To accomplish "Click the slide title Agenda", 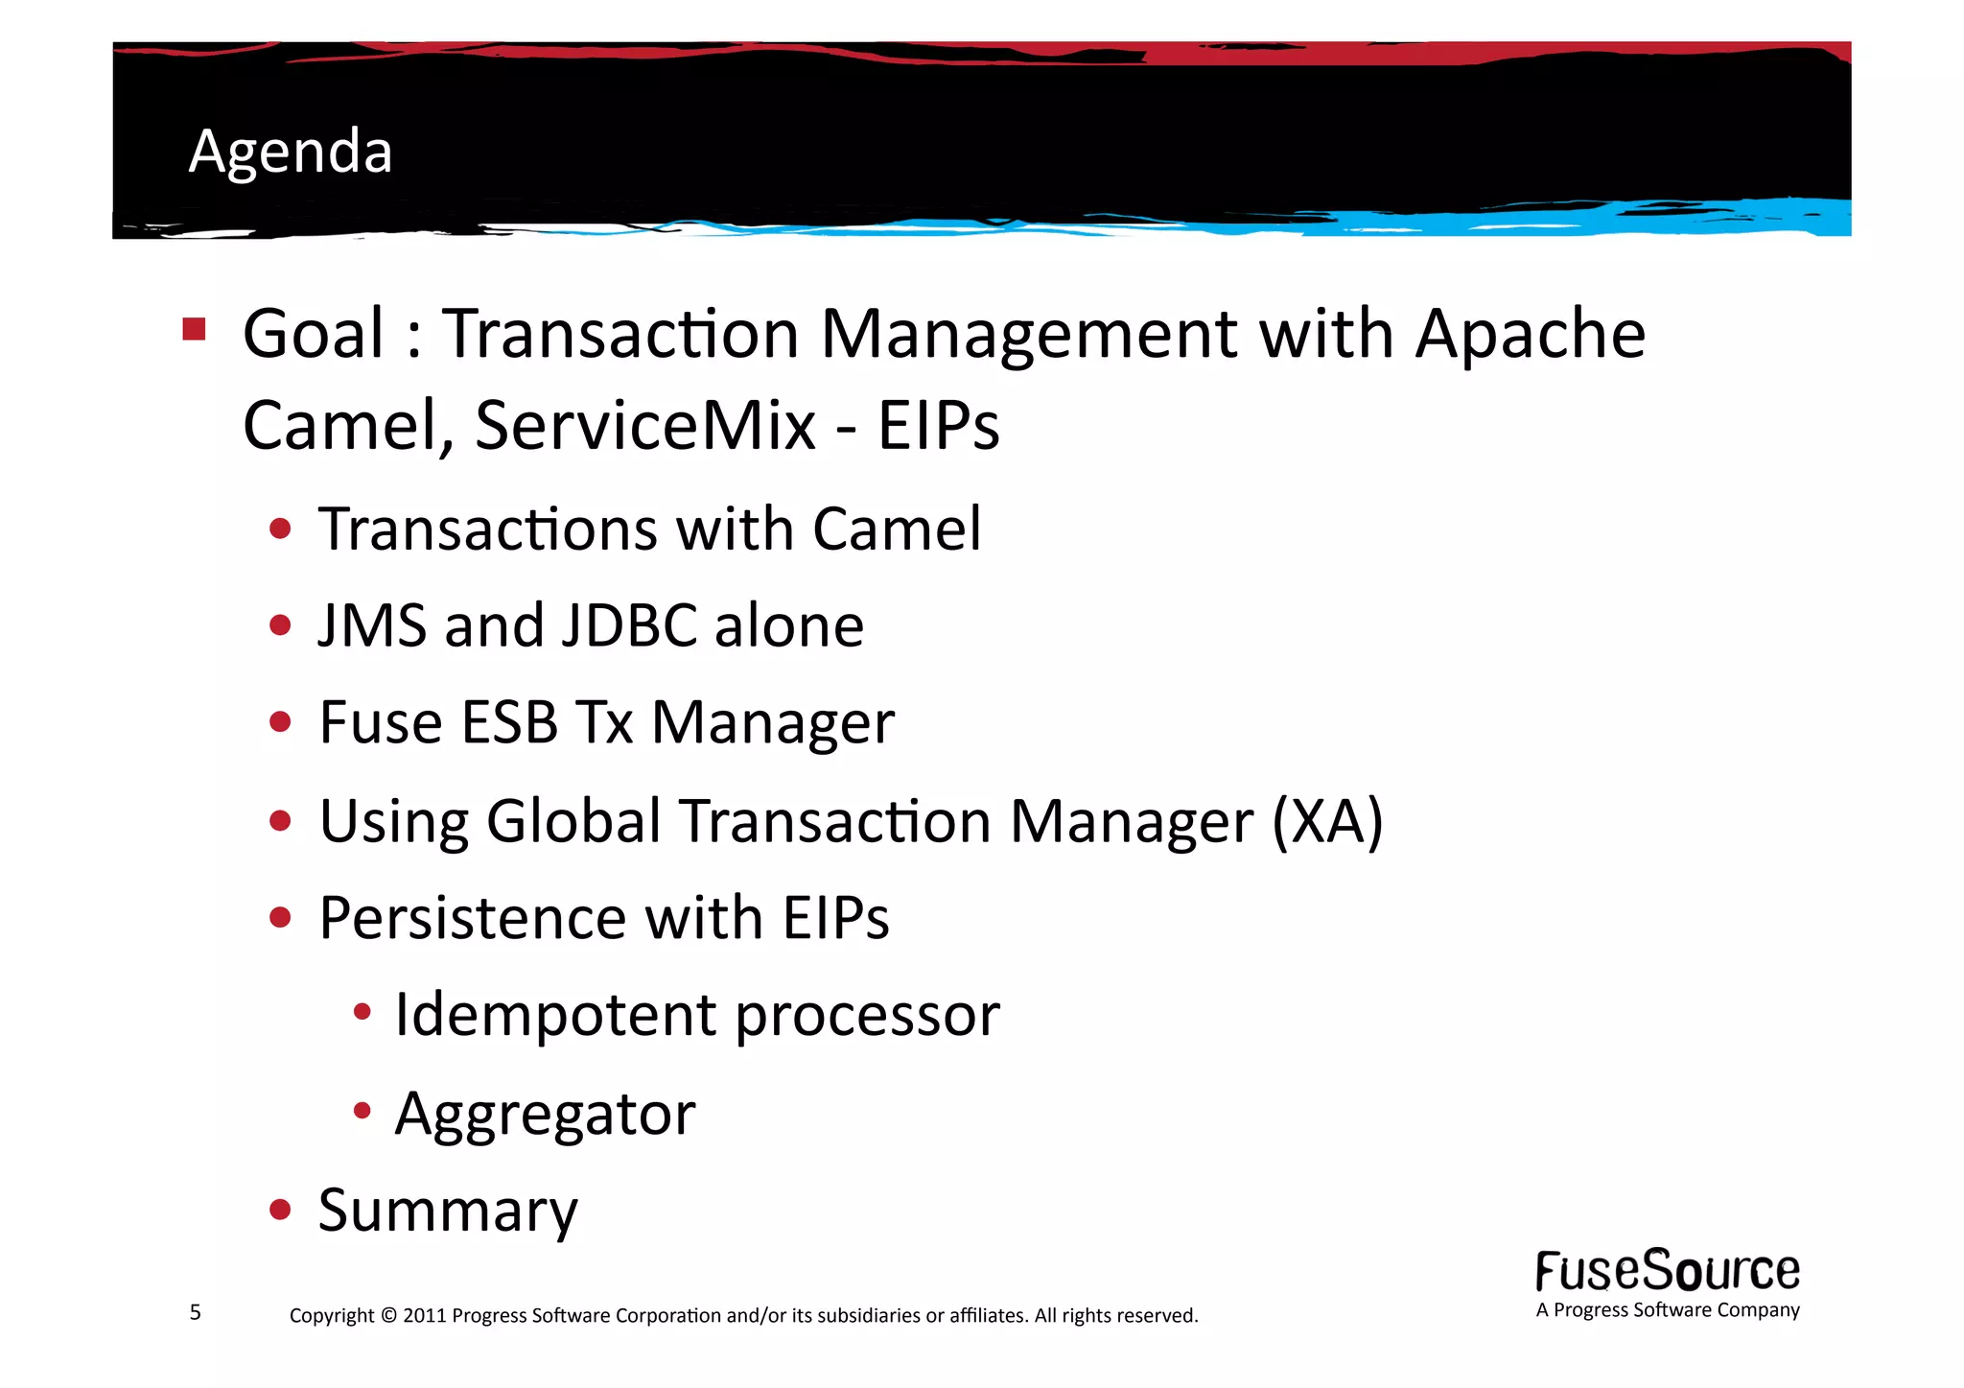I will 291,152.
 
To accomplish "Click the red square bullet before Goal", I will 195,330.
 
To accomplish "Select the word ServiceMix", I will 644,425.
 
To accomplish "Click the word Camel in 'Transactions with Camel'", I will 896,529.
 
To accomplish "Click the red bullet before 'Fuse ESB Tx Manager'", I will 280,721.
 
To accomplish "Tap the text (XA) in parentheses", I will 1327,822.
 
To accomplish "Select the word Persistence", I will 472,918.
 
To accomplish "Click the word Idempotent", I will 555,1015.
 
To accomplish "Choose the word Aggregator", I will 545,1114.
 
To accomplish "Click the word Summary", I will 448,1211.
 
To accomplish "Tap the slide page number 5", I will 196,1312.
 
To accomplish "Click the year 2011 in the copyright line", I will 424,1315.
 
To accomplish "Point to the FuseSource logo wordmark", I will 1667,1271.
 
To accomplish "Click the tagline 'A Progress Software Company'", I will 1667,1310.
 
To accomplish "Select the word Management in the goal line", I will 1028,334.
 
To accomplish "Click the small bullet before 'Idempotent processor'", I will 362,1012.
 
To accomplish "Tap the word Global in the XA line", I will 573,822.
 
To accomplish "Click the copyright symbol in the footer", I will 388,1315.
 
